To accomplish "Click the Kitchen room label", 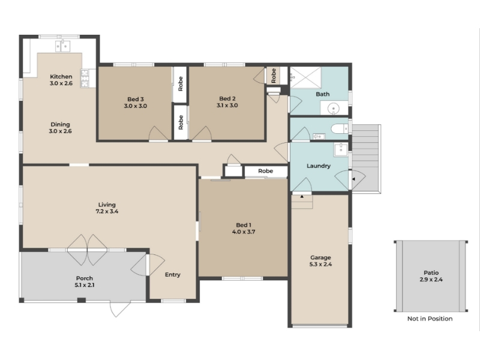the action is pyautogui.click(x=61, y=77).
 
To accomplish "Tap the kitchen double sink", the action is pyautogui.click(x=63, y=46).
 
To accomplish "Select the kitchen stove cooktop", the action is pyautogui.click(x=85, y=79).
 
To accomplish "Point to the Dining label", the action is pyautogui.click(x=61, y=124).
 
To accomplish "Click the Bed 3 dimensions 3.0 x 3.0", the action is pyautogui.click(x=136, y=106).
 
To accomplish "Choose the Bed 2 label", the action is pyautogui.click(x=227, y=98).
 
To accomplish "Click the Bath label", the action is pyautogui.click(x=323, y=94).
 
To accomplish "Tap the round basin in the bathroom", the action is pyautogui.click(x=334, y=109).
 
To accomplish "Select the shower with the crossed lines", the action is pyautogui.click(x=305, y=78).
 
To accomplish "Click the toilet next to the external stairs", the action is pyautogui.click(x=340, y=128).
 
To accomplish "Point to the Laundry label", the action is pyautogui.click(x=319, y=166).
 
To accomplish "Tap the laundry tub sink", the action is pyautogui.click(x=340, y=150).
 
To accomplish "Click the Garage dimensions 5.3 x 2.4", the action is pyautogui.click(x=320, y=265).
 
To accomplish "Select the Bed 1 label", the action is pyautogui.click(x=244, y=225).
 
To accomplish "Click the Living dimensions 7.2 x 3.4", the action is pyautogui.click(x=107, y=212).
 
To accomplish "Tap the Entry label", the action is pyautogui.click(x=173, y=275).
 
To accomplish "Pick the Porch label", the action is pyautogui.click(x=85, y=278).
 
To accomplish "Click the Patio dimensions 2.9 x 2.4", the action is pyautogui.click(x=431, y=280).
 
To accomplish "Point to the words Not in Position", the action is pyautogui.click(x=430, y=319).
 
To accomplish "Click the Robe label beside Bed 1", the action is pyautogui.click(x=265, y=171).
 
